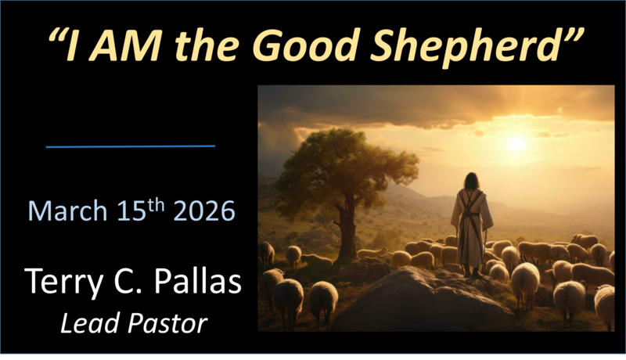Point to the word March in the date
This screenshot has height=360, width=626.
(66, 211)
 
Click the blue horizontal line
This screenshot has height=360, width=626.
(131, 146)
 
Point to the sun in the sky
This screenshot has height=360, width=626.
(516, 143)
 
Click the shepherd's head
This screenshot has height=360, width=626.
(471, 180)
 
